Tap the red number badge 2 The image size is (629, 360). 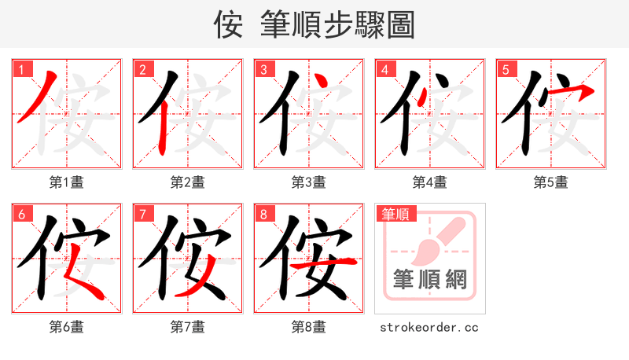point(142,70)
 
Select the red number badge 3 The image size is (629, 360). point(263,70)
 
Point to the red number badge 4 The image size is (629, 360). point(384,70)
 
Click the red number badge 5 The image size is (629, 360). point(506,70)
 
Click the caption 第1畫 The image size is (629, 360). point(67,182)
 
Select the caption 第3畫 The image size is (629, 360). point(309,182)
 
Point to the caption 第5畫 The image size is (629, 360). point(551,182)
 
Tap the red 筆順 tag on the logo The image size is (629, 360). point(396,214)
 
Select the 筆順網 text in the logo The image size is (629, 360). point(429,278)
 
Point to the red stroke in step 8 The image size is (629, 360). point(323,265)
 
